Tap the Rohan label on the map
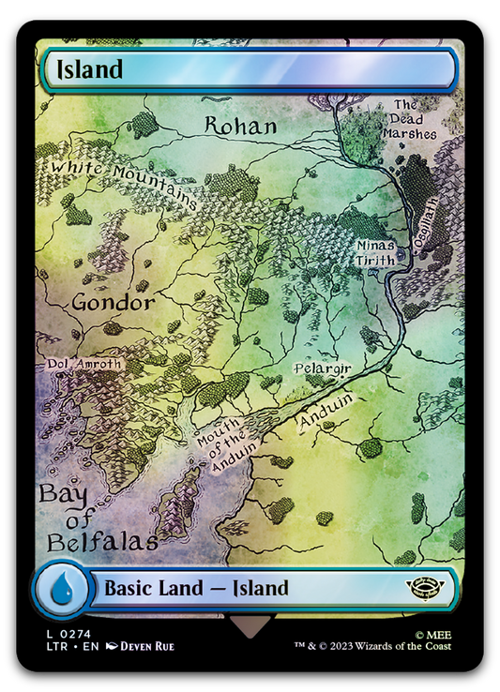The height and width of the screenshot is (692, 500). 241,127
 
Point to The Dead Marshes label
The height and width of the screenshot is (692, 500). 409,119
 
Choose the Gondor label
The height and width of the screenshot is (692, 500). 113,303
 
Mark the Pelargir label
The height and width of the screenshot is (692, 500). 321,369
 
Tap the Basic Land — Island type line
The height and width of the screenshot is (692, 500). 196,589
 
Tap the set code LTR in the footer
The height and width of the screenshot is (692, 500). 53,646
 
